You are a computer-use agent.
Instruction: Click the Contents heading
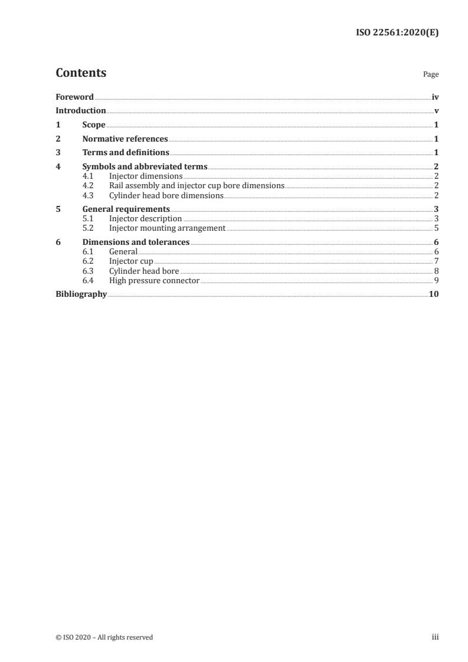pos(81,73)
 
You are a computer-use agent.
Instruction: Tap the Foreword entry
pos(74,97)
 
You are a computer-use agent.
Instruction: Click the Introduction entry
pos(81,110)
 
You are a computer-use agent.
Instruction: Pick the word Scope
pos(94,125)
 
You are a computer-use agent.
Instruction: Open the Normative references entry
pos(125,139)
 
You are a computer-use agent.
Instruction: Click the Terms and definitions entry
pos(126,153)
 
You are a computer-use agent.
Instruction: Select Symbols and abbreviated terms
pos(145,167)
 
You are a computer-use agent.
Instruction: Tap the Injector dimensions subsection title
pos(146,176)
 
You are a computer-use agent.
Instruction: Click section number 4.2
pos(88,185)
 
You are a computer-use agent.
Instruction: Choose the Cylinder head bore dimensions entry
pos(166,195)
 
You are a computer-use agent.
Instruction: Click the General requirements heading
pos(126,209)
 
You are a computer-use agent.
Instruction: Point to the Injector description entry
pos(146,219)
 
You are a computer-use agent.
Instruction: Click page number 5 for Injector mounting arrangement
pos(436,228)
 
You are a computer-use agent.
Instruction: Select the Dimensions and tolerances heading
pos(136,242)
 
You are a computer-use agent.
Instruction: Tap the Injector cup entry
pos(131,261)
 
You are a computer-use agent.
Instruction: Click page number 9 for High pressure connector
pos(436,280)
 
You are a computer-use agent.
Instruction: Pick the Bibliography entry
pos(81,294)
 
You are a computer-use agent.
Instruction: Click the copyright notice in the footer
pos(104,637)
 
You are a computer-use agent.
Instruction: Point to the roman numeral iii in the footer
pos(436,637)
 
